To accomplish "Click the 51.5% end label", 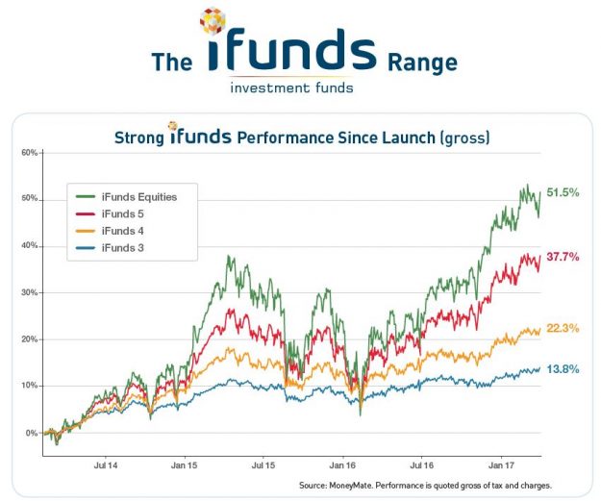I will coord(563,192).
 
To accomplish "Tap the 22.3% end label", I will coord(563,328).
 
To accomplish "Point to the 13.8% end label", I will coord(563,368).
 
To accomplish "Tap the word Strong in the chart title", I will coord(138,138).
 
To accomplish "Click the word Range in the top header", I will coord(422,63).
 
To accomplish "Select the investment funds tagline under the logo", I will coord(291,88).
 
